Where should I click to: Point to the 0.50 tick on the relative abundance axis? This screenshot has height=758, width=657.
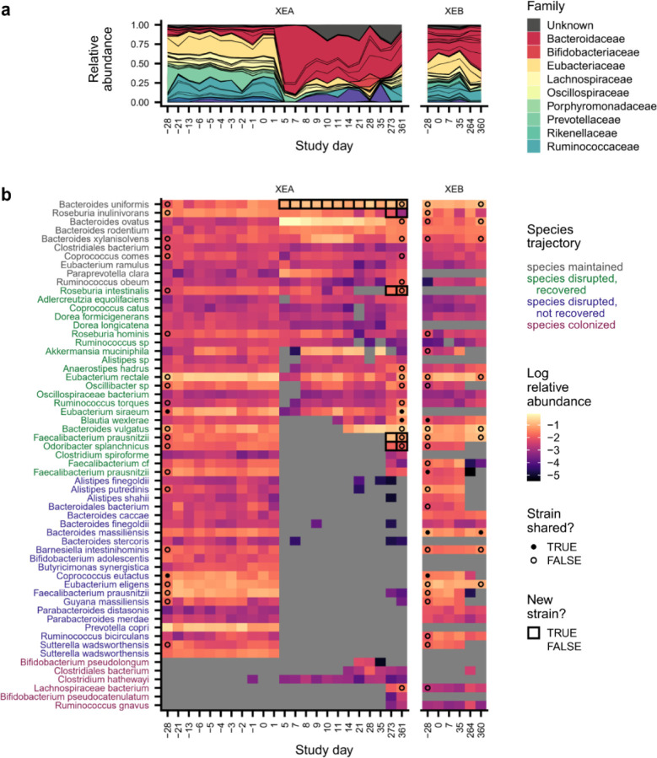coord(144,64)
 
